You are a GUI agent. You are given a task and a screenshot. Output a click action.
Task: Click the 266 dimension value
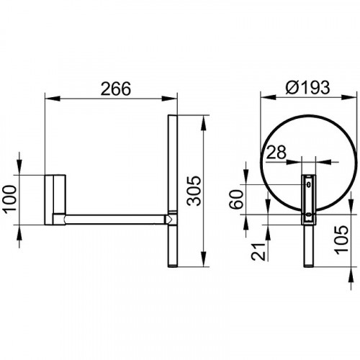point(116,89)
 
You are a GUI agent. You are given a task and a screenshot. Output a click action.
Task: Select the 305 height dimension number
point(194,191)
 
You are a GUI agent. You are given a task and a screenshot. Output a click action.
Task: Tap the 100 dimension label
point(10,198)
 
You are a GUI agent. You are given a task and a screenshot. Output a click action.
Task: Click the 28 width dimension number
point(276,152)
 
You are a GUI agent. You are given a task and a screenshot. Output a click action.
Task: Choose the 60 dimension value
point(236,199)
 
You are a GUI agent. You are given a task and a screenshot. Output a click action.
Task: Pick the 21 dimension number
point(258,252)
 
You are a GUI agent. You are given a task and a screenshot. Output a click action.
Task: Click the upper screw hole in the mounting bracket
point(309,184)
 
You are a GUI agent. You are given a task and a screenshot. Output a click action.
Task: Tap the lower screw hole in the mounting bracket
point(309,215)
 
